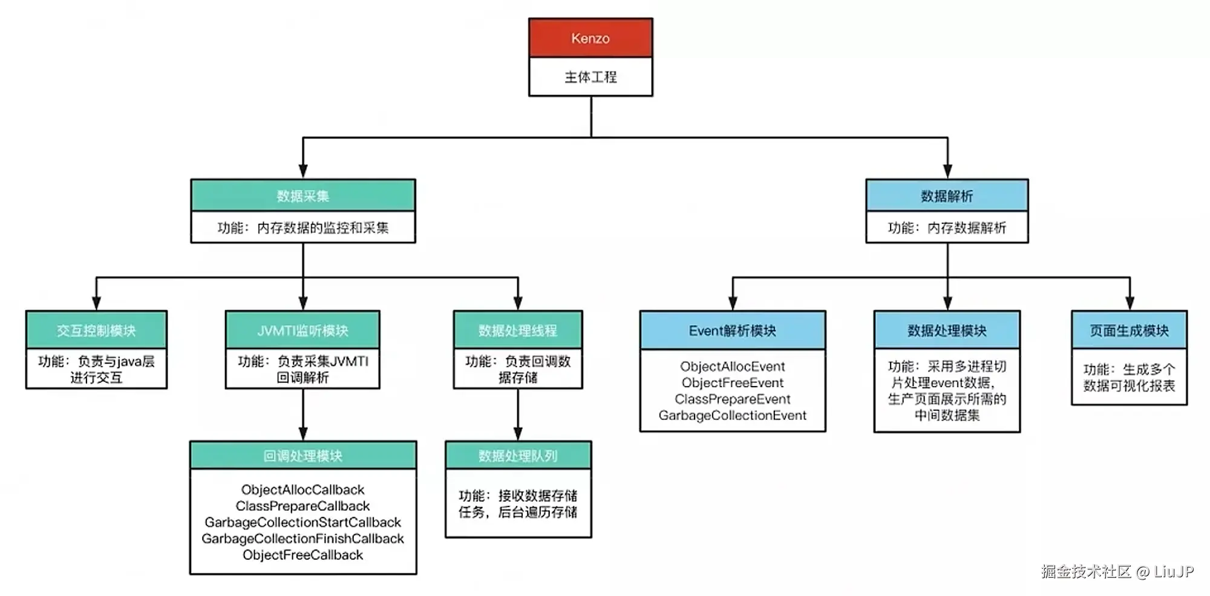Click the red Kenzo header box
tap(590, 38)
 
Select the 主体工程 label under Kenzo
tap(590, 77)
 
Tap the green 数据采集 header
tap(303, 195)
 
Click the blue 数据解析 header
tap(947, 195)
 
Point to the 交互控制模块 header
tap(96, 330)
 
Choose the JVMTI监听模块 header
tap(302, 330)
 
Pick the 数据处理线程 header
tap(518, 330)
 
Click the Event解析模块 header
tap(733, 330)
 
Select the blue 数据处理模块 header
tap(947, 330)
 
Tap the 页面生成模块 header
tap(1129, 330)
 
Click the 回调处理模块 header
tap(303, 456)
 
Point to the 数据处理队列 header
tap(518, 456)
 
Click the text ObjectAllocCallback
tap(303, 490)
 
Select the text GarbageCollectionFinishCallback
tap(303, 539)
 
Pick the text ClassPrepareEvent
tap(733, 399)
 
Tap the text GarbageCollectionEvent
tap(733, 416)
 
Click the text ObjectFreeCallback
tap(303, 555)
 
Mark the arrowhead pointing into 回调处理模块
tap(303, 434)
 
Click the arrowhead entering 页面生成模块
tap(1130, 304)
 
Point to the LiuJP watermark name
tap(1174, 572)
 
